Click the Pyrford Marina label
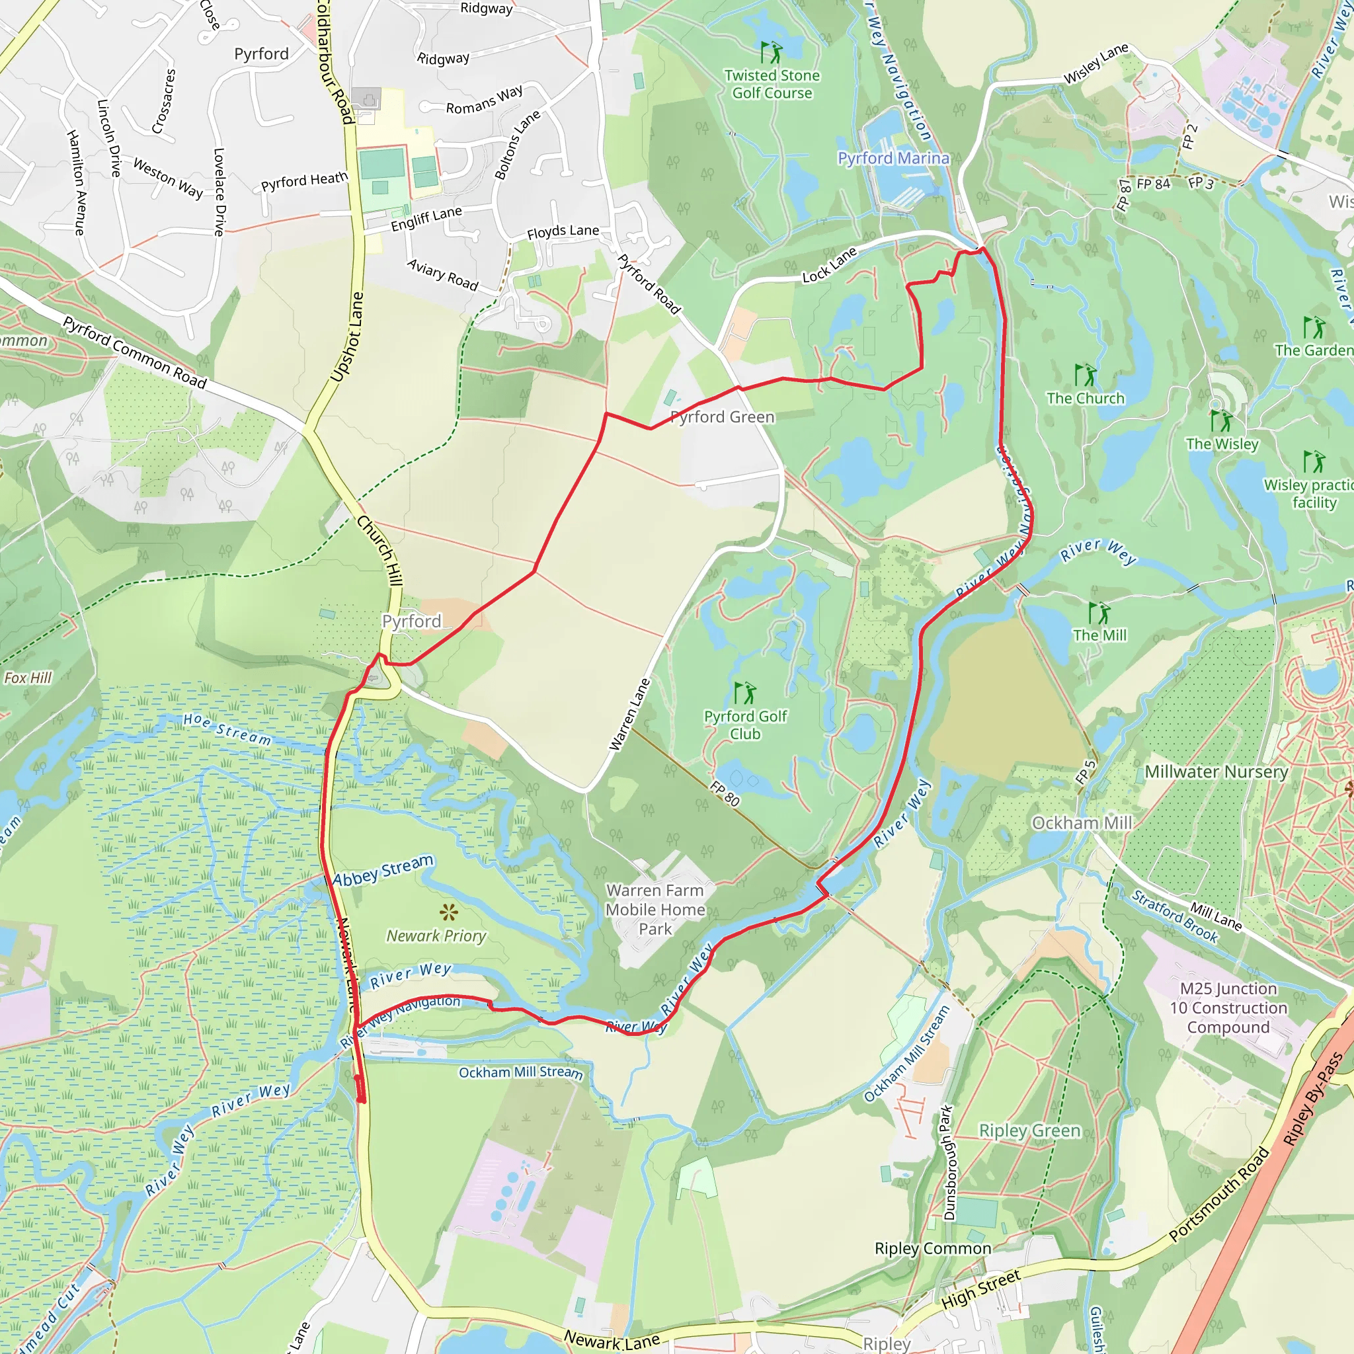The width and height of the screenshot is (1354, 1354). (x=894, y=159)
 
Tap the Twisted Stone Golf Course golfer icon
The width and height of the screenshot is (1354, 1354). (x=771, y=52)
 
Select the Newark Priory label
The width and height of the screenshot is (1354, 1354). (x=436, y=936)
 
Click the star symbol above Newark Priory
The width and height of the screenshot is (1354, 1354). (x=448, y=912)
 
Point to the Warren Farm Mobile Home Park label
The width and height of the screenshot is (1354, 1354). (x=655, y=909)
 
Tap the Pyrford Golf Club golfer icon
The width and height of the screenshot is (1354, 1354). (x=745, y=693)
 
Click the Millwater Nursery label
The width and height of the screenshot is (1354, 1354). (x=1216, y=772)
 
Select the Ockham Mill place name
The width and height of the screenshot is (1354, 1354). (x=1082, y=822)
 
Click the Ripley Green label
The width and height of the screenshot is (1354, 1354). (x=1029, y=1131)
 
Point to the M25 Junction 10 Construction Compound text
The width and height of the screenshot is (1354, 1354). (x=1228, y=1008)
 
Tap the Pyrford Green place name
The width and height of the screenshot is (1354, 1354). (x=723, y=417)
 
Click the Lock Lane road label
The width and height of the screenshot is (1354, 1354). (x=829, y=265)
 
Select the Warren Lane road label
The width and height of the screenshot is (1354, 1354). (x=629, y=714)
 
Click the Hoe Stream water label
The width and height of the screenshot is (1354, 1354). (x=227, y=729)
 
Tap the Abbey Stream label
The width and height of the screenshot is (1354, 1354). (x=383, y=870)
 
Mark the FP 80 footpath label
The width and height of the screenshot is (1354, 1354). (x=725, y=793)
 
